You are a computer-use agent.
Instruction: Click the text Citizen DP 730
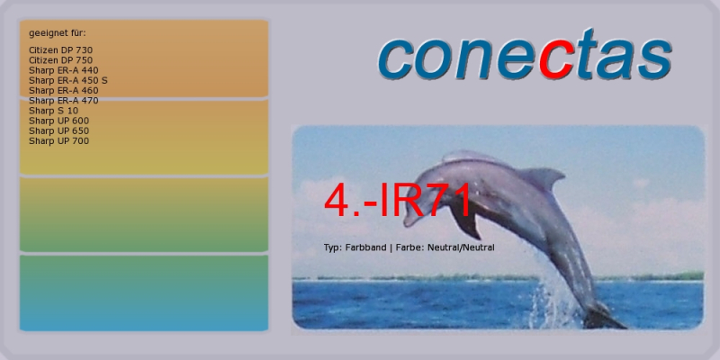coord(60,50)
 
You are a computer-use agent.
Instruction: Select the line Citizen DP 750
coord(60,60)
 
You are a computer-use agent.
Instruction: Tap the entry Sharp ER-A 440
coord(63,70)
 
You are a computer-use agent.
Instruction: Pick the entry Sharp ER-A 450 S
coord(68,80)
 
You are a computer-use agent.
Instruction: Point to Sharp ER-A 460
coord(63,91)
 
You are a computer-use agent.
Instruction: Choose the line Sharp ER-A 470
coord(63,101)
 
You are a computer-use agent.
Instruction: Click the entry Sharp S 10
coord(53,111)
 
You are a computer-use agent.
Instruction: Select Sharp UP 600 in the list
coord(58,121)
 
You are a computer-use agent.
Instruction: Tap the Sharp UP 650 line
coord(58,130)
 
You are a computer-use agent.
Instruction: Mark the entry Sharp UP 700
coord(58,141)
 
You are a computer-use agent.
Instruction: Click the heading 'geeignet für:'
coord(58,33)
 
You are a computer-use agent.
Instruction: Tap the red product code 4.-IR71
coord(398,200)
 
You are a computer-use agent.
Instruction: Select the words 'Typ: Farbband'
coord(355,247)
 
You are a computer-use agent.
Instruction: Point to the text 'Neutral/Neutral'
coord(461,247)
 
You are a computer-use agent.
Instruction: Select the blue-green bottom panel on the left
coord(144,293)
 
